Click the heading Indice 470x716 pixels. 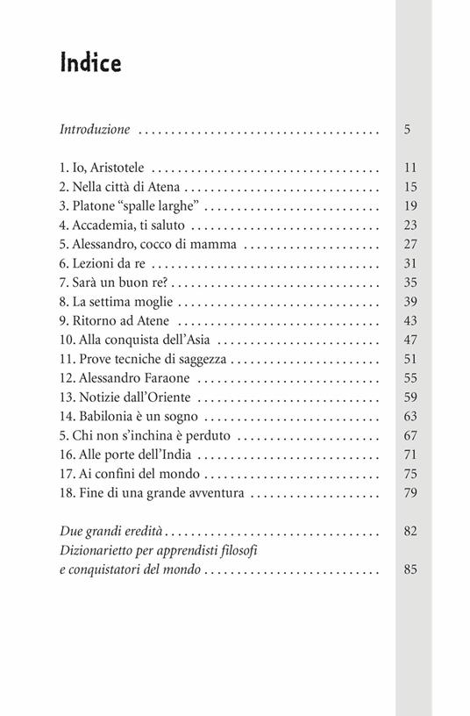(90, 63)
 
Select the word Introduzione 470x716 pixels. (95, 130)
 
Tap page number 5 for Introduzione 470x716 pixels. (408, 130)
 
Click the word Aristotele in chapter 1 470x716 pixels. (119, 167)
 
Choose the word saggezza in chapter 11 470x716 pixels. (199, 360)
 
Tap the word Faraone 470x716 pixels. (167, 379)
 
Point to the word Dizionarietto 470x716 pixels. (100, 550)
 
